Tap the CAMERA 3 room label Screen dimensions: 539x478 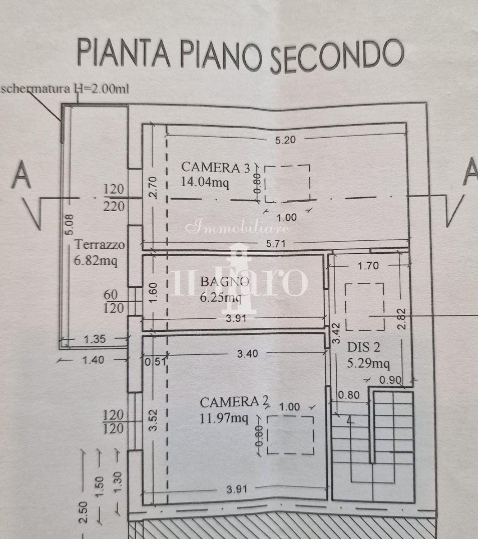(x=215, y=167)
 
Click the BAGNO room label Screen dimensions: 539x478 (x=224, y=281)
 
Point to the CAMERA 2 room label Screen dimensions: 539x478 (x=234, y=402)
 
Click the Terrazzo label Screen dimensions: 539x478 (x=100, y=245)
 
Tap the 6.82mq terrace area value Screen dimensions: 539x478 (x=95, y=260)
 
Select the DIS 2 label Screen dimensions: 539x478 (x=364, y=347)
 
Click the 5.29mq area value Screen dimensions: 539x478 (x=368, y=364)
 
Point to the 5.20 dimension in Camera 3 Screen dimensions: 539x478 (x=285, y=140)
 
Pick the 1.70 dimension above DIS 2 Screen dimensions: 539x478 (x=368, y=266)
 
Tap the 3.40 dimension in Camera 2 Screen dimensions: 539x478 (x=247, y=354)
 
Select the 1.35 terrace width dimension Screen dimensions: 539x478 (x=95, y=339)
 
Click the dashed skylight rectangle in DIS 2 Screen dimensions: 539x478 (x=364, y=307)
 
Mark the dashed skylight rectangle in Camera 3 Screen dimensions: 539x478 (x=287, y=184)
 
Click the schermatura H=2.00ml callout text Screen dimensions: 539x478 (x=65, y=89)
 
